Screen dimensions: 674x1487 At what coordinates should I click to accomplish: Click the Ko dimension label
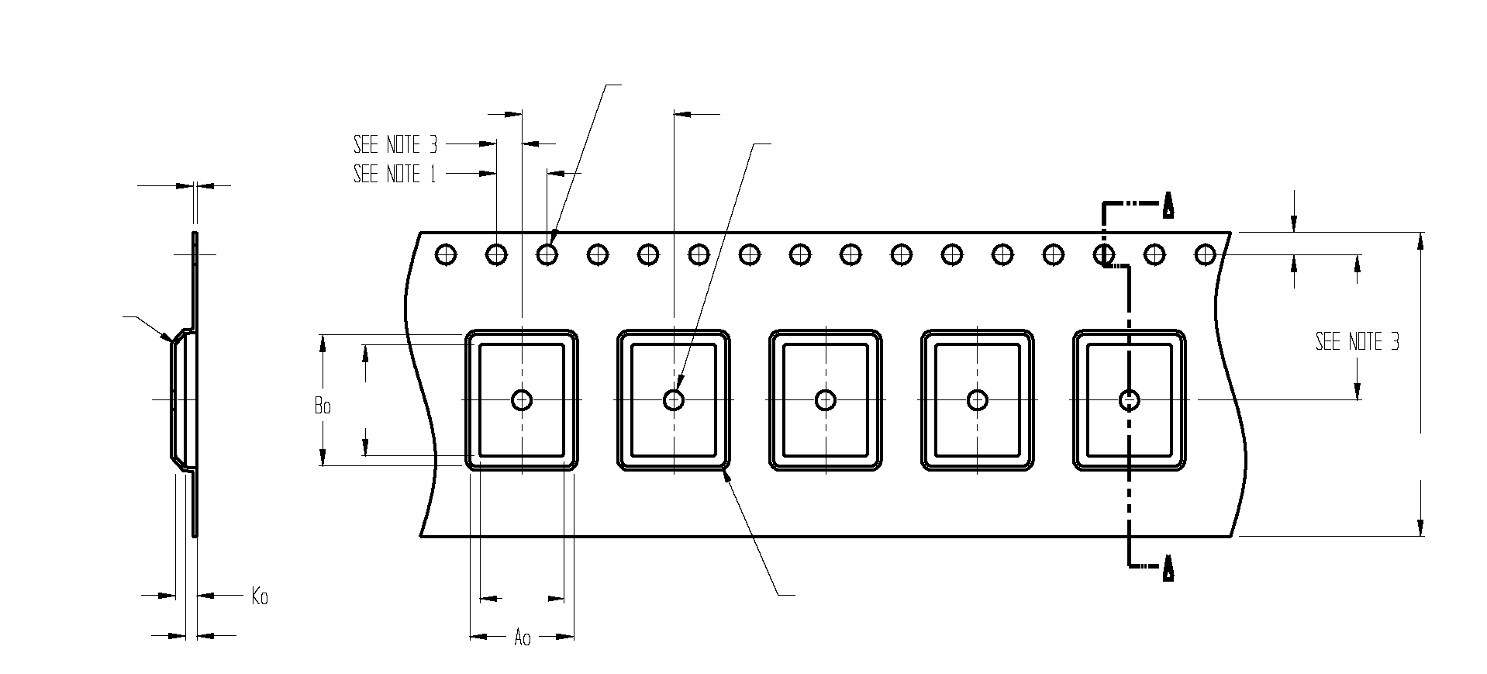pos(260,596)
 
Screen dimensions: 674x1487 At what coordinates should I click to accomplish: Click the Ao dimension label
pos(523,638)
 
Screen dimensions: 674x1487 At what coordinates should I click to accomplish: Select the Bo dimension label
pos(323,406)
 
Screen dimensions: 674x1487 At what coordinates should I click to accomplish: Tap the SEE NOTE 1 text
pos(395,174)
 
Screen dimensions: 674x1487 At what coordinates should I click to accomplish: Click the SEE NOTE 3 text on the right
pos(1357,342)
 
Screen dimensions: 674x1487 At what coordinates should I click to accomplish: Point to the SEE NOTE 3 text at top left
pos(395,144)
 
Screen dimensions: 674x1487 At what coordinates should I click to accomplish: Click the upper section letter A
pos(1168,208)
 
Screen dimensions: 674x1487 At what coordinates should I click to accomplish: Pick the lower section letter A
pos(1168,569)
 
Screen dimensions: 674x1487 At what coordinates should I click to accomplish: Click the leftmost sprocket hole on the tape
pos(446,254)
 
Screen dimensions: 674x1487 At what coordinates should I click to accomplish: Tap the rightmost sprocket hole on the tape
pos(1205,254)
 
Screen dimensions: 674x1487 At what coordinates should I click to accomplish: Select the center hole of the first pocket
pos(522,400)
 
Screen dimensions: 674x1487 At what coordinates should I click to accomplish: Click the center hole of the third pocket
pos(826,400)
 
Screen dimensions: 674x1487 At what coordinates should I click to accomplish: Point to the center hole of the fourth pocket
pos(978,400)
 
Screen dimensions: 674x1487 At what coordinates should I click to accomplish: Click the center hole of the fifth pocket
pos(1129,400)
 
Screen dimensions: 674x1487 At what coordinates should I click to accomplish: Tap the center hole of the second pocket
pos(674,400)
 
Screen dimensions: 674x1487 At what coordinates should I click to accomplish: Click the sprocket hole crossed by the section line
pos(1104,254)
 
